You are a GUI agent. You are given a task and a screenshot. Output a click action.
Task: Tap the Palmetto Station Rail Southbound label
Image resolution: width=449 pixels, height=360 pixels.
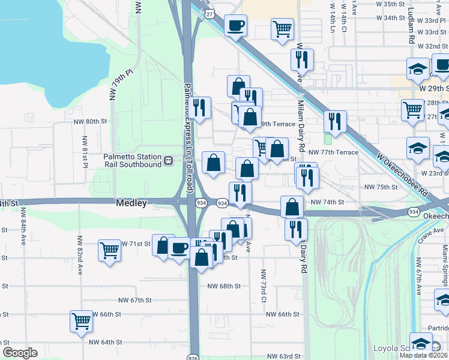(132, 160)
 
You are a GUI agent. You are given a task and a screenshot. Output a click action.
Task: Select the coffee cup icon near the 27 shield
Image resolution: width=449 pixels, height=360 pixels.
(235, 26)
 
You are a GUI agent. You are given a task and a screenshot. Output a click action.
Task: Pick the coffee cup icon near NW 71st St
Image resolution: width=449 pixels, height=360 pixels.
(179, 248)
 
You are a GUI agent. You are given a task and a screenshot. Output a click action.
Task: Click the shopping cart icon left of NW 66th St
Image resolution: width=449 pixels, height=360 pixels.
(81, 321)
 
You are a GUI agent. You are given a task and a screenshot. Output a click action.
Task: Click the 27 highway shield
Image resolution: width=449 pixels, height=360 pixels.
(208, 13)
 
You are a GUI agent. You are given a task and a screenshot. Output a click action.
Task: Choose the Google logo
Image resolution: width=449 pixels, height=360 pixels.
(20, 353)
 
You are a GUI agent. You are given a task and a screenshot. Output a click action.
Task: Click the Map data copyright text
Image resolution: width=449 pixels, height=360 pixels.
(423, 355)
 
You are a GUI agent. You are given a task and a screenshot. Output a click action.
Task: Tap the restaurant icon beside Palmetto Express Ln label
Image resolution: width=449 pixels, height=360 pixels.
(200, 108)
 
